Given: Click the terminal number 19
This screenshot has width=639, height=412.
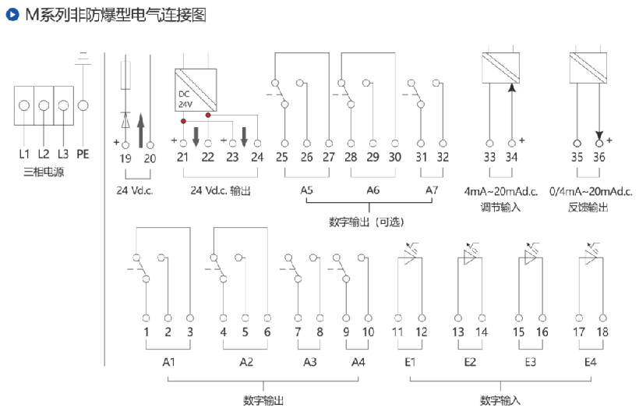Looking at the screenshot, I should pyautogui.click(x=125, y=158).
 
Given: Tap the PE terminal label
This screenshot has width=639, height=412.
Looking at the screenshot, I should pyautogui.click(x=83, y=154).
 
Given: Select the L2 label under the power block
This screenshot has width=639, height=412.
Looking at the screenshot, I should pyautogui.click(x=44, y=154).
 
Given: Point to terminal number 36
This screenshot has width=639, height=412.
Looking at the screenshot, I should pyautogui.click(x=599, y=158).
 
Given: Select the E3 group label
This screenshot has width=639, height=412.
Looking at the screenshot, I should pyautogui.click(x=530, y=362).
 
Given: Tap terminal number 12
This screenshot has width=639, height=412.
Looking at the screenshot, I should pyautogui.click(x=422, y=332).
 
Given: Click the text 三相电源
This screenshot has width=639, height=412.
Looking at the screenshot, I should pyautogui.click(x=44, y=172).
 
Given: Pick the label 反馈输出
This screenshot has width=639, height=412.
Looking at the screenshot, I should pyautogui.click(x=588, y=207).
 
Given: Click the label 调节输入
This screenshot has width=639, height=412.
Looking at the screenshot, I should pyautogui.click(x=501, y=207).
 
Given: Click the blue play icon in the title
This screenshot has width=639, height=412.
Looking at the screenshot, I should pyautogui.click(x=12, y=14).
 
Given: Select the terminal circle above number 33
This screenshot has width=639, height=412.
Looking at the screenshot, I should pyautogui.click(x=489, y=143).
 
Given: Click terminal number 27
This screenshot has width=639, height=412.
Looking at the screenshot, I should pyautogui.click(x=328, y=158).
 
